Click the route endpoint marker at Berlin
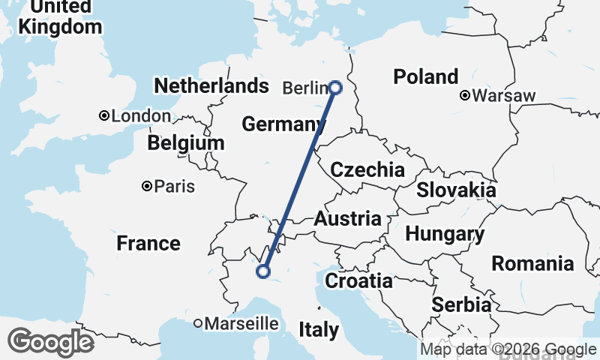(x=335, y=88)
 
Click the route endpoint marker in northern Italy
(x=263, y=271)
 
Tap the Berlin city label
(x=305, y=88)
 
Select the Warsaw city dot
(x=465, y=96)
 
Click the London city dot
(x=104, y=116)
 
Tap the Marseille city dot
(x=198, y=324)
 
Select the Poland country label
(x=425, y=76)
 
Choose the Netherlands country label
(x=211, y=85)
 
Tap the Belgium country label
(x=185, y=142)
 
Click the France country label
(x=148, y=243)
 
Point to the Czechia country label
(x=367, y=169)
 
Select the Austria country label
(x=347, y=219)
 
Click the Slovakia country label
(x=456, y=190)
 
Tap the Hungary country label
(x=445, y=234)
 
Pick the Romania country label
(x=532, y=263)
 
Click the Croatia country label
(x=358, y=281)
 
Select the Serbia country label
(x=461, y=305)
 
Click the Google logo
(x=50, y=342)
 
